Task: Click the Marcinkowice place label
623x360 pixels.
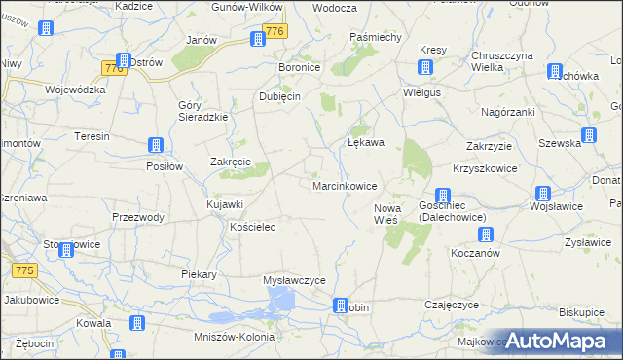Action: [x=345, y=185]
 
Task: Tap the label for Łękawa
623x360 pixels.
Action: [x=366, y=142]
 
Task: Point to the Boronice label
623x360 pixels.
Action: [x=301, y=68]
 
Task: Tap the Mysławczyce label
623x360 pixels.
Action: [x=294, y=280]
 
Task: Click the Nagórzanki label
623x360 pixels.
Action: [x=508, y=112]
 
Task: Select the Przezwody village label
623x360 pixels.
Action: [x=138, y=217]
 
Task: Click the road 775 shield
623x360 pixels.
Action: [x=25, y=270]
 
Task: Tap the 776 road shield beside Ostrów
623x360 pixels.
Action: [x=113, y=68]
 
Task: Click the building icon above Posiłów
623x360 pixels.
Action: [x=155, y=146]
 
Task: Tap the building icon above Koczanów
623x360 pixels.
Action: [x=485, y=234]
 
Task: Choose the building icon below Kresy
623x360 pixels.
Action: [x=425, y=67]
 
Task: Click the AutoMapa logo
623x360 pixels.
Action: [x=563, y=340]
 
